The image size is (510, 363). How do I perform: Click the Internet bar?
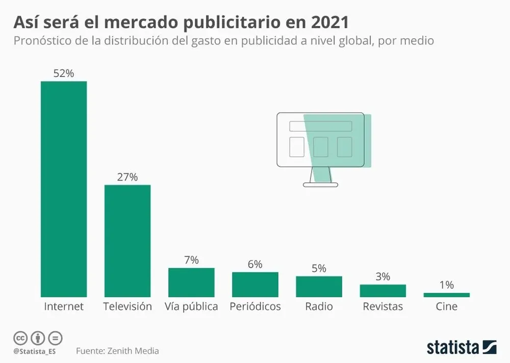click(x=64, y=189)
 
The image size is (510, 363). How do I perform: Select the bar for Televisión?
click(x=127, y=241)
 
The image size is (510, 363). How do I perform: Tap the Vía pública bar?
click(x=191, y=282)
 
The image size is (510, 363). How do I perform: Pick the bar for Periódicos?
click(x=255, y=284)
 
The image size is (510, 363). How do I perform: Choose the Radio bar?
click(x=319, y=287)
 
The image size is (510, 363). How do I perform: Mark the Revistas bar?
click(x=382, y=291)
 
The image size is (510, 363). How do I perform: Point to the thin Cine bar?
click(x=446, y=295)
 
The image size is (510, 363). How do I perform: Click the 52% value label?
click(x=64, y=73)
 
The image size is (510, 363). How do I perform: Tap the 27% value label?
click(x=127, y=177)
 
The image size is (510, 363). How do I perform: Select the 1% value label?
click(x=446, y=285)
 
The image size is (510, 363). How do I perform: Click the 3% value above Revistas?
click(x=382, y=276)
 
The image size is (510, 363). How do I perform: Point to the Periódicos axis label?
click(x=255, y=306)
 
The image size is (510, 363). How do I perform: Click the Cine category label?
click(x=446, y=306)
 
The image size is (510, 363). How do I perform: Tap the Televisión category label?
click(x=127, y=306)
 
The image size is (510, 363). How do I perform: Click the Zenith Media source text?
click(x=133, y=351)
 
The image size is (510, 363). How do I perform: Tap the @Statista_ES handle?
click(x=35, y=351)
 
